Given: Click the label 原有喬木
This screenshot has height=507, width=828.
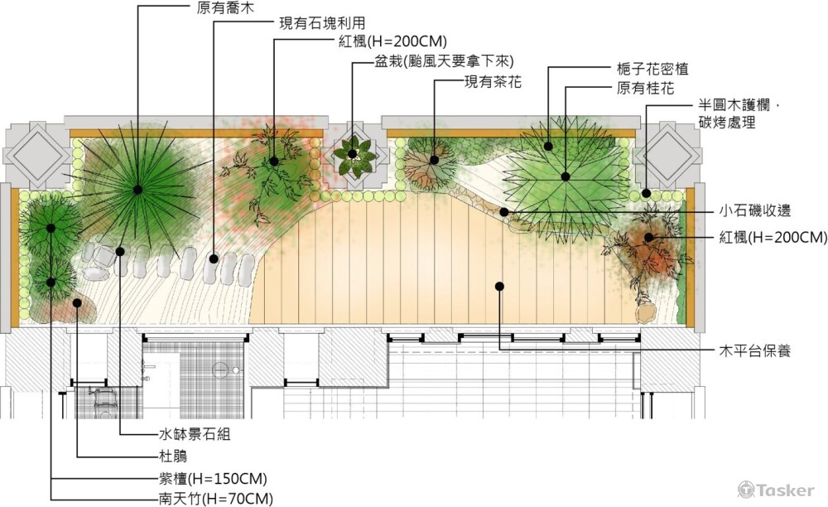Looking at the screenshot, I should tap(224, 7).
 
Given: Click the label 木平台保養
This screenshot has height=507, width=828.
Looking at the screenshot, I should tap(753, 350).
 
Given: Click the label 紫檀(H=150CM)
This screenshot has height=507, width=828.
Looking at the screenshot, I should tap(214, 478).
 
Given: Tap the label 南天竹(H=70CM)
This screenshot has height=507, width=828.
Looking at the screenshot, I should tap(216, 498).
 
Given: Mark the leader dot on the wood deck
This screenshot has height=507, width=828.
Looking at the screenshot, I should tap(499, 287).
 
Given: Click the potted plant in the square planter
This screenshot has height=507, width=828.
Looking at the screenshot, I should tap(353, 154).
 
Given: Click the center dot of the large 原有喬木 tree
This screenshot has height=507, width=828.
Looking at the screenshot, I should tap(137, 190).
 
